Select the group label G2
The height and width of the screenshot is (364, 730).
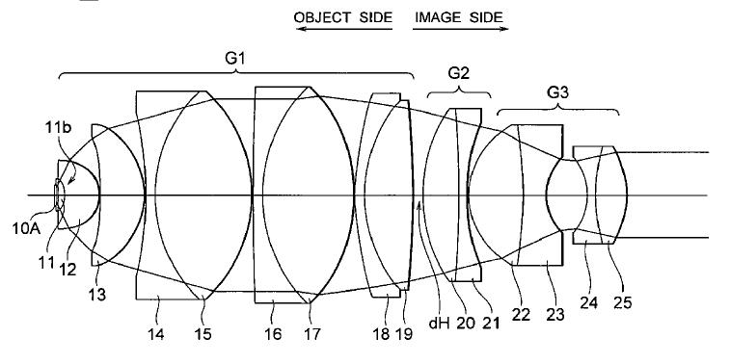click(459, 73)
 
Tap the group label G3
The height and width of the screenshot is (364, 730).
click(557, 93)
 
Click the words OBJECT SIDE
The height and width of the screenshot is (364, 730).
click(343, 17)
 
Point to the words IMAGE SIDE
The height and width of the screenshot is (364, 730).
click(459, 17)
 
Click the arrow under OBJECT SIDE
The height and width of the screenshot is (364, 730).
click(344, 29)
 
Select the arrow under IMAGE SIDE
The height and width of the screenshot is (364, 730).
click(460, 29)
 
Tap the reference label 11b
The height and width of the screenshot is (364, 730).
click(59, 128)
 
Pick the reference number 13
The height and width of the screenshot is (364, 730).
click(97, 294)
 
